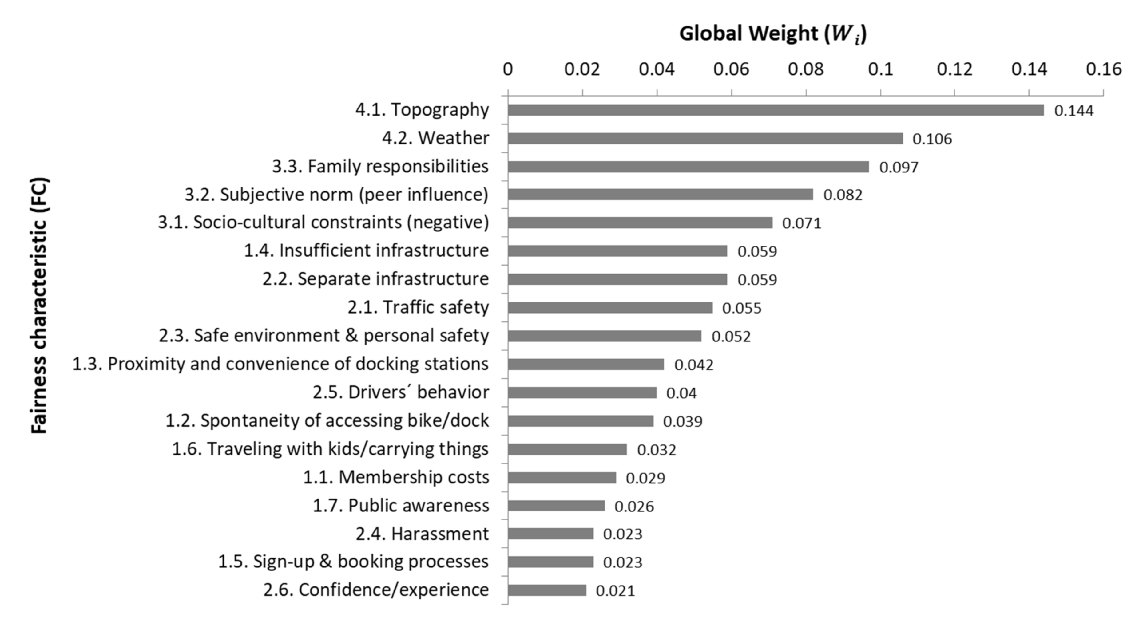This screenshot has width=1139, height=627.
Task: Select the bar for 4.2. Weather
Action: (705, 138)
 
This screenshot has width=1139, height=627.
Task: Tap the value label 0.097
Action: (899, 167)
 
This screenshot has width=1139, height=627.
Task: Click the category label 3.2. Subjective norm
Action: (336, 195)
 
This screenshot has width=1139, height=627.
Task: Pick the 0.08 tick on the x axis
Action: (806, 70)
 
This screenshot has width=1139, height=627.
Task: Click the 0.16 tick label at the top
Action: (1104, 70)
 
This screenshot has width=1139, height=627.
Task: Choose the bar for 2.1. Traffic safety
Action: (610, 308)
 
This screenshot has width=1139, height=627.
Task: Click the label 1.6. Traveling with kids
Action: (330, 449)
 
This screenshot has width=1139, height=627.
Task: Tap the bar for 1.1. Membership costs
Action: (562, 478)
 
